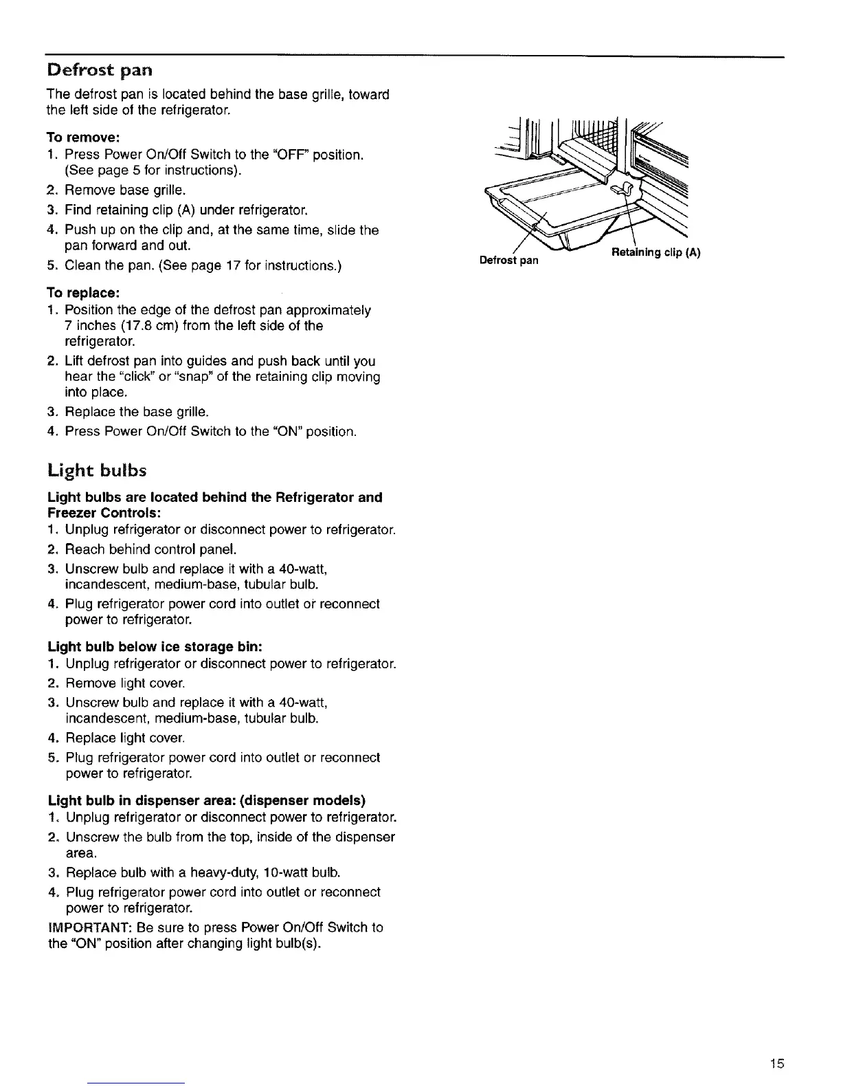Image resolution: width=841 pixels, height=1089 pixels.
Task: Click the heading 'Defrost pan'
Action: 98,70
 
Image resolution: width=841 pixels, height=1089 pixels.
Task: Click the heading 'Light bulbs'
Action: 98,471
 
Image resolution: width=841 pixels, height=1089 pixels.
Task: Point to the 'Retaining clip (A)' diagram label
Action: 655,252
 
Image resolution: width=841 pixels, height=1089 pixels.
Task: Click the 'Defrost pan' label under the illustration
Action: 509,261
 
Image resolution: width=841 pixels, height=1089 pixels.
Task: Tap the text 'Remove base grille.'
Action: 126,190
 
